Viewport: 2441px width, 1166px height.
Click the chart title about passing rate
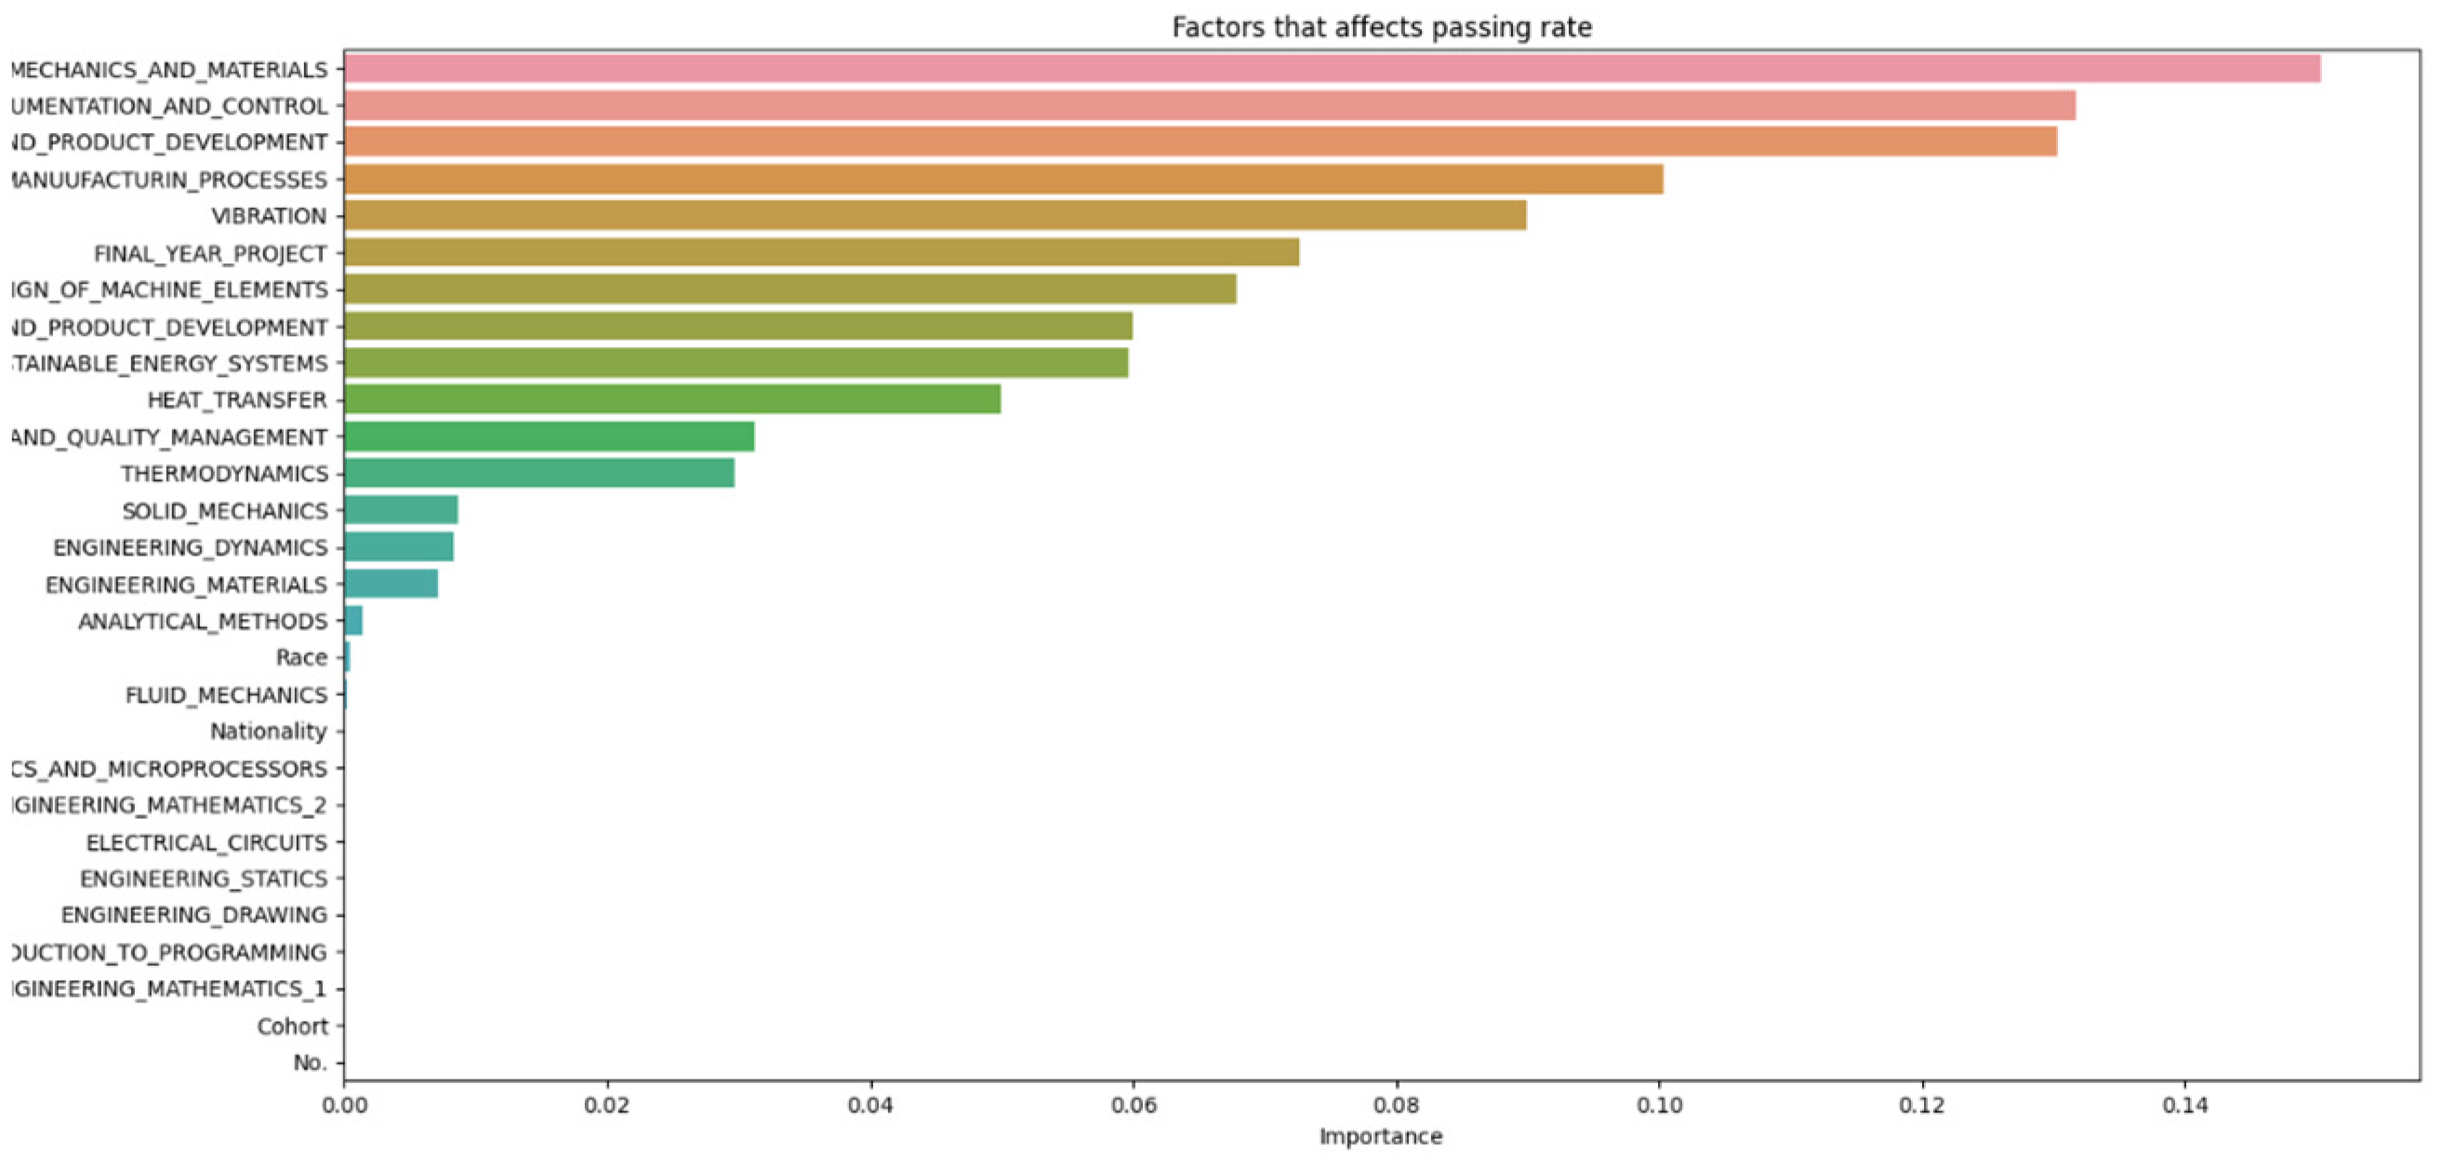1381,27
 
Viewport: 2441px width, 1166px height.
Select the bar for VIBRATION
935,215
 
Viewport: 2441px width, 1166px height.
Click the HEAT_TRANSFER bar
671,399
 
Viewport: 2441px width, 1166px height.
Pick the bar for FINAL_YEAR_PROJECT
820,252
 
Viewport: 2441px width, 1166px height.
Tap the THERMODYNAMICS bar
538,472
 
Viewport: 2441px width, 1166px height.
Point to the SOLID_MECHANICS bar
400,510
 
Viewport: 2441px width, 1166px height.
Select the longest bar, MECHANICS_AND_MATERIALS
1332,68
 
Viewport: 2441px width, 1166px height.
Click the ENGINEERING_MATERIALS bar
391,584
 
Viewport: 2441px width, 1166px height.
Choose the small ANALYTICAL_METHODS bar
352,621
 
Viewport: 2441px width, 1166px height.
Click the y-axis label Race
301,657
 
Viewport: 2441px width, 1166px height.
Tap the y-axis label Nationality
268,730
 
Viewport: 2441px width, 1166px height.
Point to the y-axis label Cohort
292,1025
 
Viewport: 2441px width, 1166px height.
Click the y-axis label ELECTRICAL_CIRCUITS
206,842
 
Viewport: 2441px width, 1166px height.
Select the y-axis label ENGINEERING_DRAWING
194,915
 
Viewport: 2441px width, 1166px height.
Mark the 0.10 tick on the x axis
1659,1106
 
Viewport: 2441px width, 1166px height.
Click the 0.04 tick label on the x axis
869,1106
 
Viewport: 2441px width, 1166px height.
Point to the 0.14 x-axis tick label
2185,1106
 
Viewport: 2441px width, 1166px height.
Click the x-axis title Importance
1381,1135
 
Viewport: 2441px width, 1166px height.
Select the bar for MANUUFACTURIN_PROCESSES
1002,179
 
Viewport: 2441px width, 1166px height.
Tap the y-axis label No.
310,1063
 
